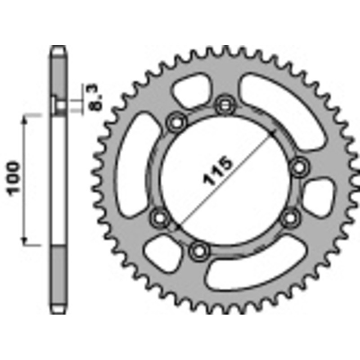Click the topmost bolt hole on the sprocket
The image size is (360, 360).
224,106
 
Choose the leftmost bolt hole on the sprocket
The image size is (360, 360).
159,218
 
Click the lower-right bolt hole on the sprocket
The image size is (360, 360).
292,218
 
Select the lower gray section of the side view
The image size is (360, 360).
59,279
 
